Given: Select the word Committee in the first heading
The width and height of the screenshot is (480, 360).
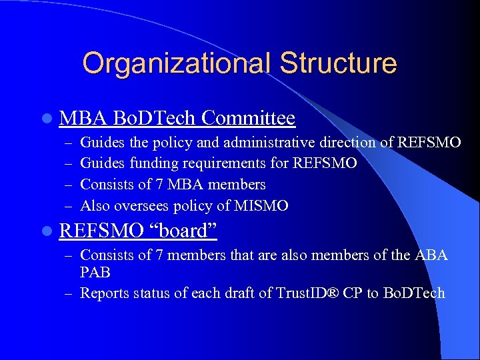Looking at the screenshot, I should [248, 119].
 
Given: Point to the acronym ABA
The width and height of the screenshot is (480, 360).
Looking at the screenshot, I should [433, 255].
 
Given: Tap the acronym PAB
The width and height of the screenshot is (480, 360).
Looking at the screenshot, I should [95, 273].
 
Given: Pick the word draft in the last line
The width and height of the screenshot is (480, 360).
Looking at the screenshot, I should [241, 293].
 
